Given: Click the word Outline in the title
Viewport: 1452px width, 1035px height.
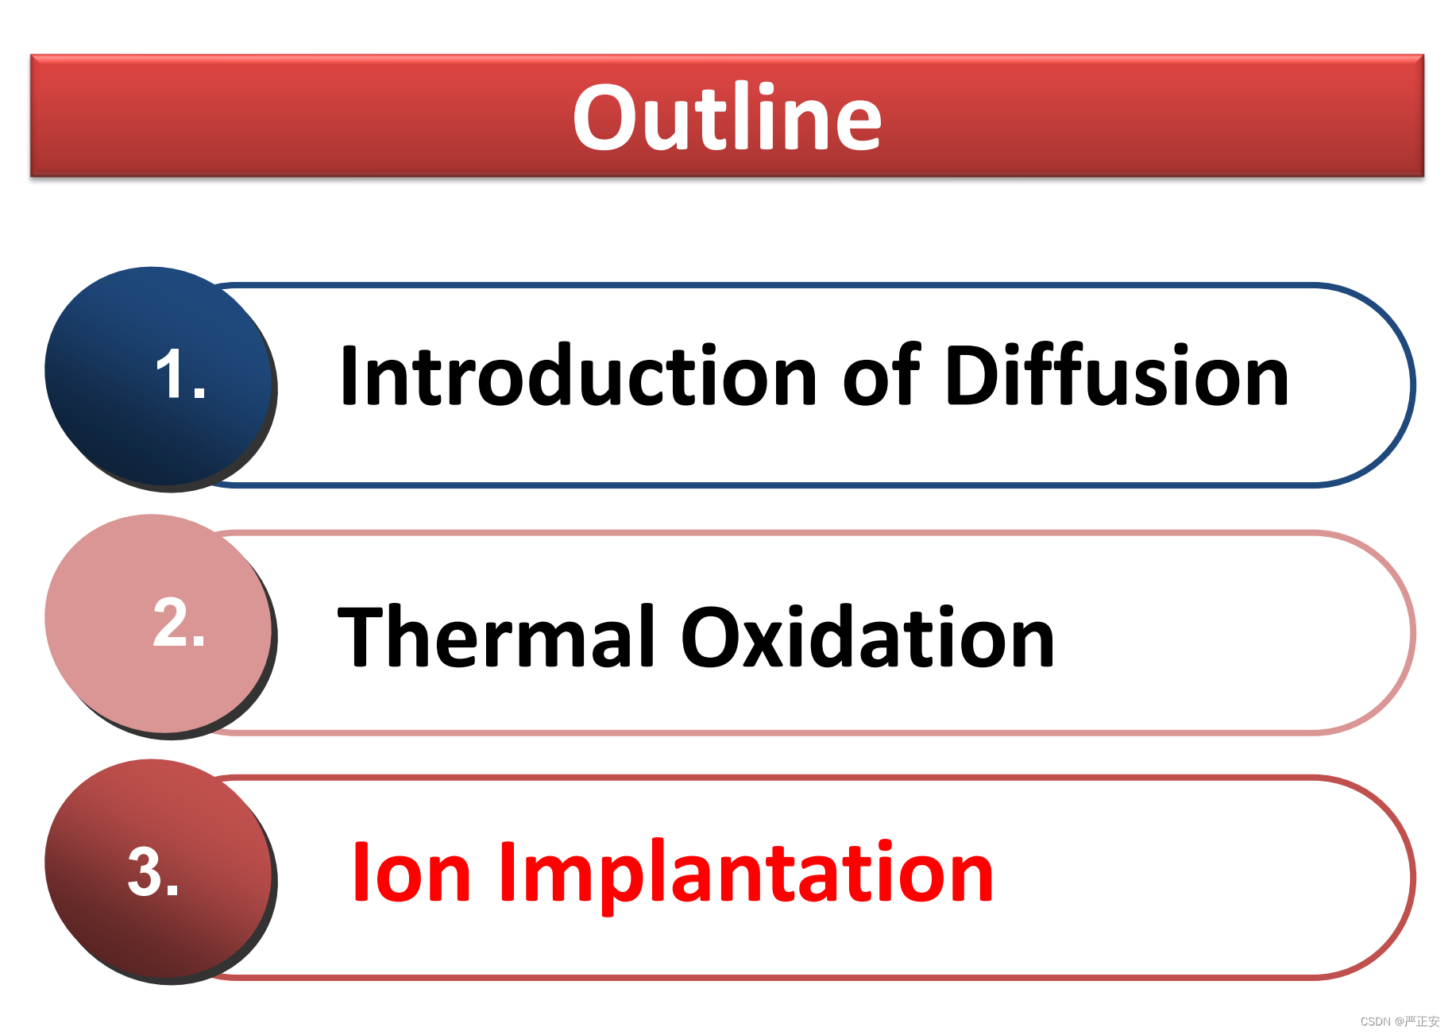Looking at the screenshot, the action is click(727, 117).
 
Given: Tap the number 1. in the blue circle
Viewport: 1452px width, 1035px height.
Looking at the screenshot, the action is click(181, 373).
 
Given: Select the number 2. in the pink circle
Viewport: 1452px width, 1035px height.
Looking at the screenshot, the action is click(179, 622).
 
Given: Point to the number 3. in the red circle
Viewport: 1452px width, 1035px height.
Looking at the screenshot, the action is click(153, 871).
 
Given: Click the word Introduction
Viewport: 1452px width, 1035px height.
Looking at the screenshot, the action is click(578, 376).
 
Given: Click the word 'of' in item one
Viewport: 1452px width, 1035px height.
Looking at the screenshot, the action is click(882, 375).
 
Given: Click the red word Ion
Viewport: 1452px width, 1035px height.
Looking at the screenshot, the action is click(412, 872).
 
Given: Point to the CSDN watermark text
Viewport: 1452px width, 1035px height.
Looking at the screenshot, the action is click(1400, 1021).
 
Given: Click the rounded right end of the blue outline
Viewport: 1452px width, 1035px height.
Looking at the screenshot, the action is click(1412, 384).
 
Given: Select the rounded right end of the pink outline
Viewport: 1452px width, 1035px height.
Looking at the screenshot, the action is click(1412, 632).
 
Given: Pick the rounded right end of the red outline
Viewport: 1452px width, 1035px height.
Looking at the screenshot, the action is click(1412, 877).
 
